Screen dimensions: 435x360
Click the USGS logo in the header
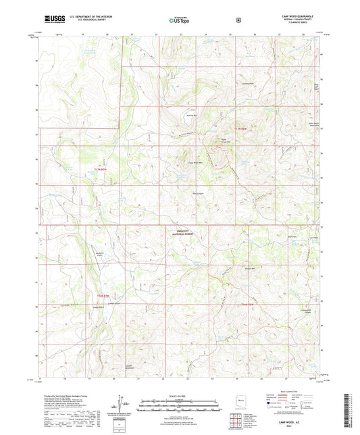[x=52, y=20]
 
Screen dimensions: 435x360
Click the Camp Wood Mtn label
[x=195, y=163]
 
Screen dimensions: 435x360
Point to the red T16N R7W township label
[x=101, y=295]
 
